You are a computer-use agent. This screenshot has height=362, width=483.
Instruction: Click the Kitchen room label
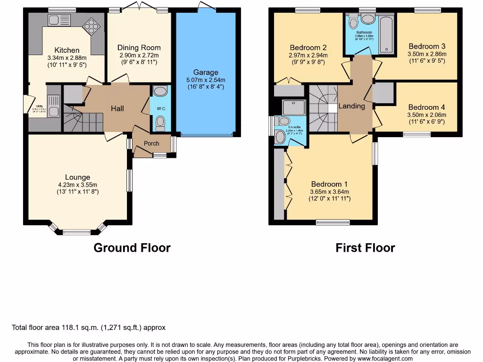pos(67,50)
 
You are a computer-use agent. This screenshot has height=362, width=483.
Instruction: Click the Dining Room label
pos(139,48)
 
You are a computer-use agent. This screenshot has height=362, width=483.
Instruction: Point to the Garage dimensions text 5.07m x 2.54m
pos(206,80)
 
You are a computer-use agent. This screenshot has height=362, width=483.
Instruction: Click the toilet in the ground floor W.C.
pos(160,123)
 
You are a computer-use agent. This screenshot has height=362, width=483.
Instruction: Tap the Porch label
pos(151,143)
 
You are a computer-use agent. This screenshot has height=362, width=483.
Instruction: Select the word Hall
pos(117,108)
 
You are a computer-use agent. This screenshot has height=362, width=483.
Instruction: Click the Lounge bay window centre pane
pos(77,231)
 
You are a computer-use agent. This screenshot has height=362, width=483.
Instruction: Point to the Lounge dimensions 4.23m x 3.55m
pos(78,185)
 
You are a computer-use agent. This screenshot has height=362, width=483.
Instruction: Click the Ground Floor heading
pos(132,247)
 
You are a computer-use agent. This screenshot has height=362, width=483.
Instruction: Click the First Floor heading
pos(365,247)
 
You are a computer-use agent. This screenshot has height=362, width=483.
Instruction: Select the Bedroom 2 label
pos(308,48)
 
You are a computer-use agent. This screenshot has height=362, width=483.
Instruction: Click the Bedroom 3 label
pos(427,46)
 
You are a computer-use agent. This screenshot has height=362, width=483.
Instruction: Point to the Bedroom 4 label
pos(427,107)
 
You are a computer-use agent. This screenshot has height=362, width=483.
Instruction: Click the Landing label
pos(352,106)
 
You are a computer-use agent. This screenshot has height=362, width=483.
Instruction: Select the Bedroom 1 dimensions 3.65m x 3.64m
pos(330,192)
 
